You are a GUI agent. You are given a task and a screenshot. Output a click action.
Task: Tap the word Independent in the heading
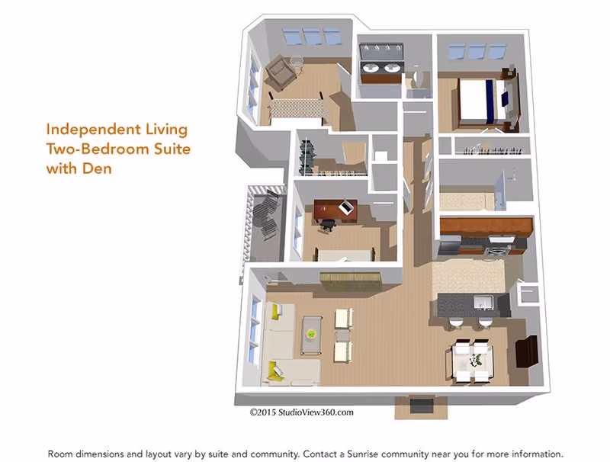[95, 130]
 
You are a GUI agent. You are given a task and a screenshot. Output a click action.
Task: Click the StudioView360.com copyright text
[301, 412]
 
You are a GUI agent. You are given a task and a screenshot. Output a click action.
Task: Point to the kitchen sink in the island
[482, 303]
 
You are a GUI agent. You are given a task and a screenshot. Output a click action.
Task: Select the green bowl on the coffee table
[310, 332]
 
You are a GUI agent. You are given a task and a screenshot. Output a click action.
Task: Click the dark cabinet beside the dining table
[526, 351]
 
